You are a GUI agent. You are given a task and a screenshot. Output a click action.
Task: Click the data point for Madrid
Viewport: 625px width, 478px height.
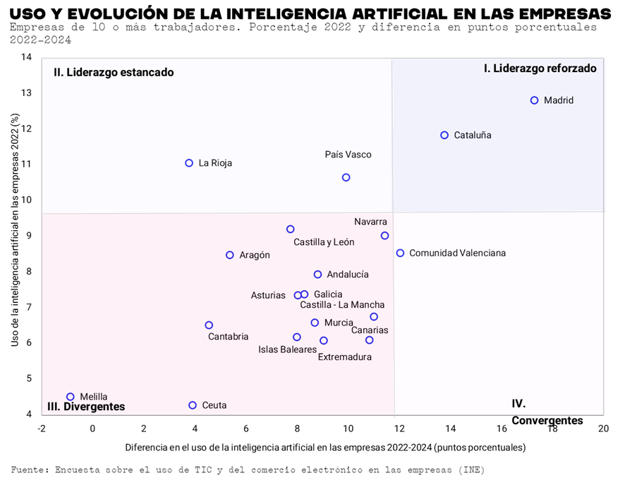535,100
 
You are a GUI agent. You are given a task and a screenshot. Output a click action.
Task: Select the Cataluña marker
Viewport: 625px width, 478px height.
444,136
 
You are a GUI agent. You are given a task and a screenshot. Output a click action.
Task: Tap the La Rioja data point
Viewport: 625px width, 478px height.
189,163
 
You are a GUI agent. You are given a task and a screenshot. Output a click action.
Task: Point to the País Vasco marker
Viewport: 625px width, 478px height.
346,177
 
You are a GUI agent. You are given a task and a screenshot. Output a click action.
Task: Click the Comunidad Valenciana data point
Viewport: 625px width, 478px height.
400,253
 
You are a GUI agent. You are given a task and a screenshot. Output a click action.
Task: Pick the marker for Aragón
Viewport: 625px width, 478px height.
230,255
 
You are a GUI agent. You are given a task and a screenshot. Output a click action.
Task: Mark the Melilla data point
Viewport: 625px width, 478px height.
71,397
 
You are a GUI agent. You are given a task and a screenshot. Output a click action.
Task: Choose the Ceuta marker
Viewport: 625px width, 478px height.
193,405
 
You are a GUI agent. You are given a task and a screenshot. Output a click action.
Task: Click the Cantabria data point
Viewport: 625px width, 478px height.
209,325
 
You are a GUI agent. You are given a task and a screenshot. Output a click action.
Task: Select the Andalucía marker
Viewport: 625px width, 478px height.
317,275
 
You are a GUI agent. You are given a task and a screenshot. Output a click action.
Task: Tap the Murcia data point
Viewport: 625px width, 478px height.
315,323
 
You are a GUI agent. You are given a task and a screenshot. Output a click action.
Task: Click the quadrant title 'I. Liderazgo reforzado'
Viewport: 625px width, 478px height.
540,68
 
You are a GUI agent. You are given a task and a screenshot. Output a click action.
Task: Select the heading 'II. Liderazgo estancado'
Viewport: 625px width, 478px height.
114,72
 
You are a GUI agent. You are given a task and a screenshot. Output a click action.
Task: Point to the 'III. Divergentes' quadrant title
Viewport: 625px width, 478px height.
86,407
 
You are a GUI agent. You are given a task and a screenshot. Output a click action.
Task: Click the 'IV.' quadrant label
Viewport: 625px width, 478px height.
518,404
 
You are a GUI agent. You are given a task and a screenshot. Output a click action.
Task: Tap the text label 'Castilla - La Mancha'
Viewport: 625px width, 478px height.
342,305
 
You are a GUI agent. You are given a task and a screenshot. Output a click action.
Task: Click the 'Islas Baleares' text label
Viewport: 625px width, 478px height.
288,349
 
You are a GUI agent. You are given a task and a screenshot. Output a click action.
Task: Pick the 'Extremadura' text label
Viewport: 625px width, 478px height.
345,357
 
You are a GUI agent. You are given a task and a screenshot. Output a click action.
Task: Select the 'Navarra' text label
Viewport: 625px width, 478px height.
371,222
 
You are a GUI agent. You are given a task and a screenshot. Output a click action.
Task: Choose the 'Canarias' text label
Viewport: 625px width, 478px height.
370,330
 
